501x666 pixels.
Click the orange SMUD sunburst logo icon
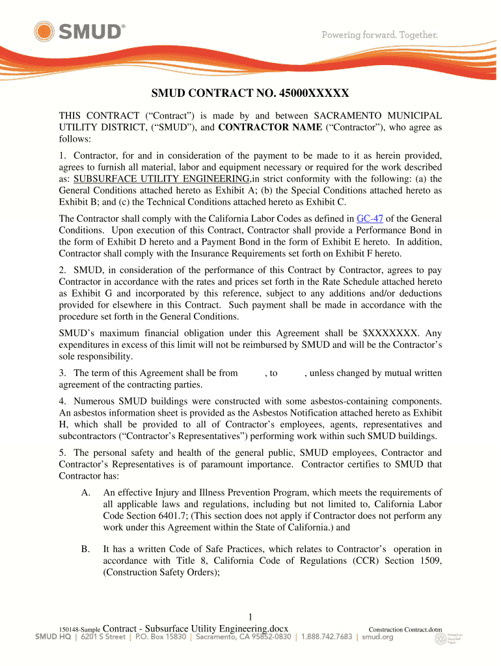click(45, 31)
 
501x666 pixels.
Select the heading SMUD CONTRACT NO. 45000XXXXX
click(251, 93)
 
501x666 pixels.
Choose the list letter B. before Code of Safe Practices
click(86, 549)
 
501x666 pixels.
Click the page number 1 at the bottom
click(251, 617)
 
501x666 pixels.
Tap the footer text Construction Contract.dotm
click(405, 629)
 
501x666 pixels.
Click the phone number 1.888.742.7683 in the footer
click(327, 637)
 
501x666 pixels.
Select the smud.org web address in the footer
click(378, 637)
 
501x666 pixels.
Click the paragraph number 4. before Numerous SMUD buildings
click(63, 401)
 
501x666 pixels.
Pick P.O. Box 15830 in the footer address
click(160, 637)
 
